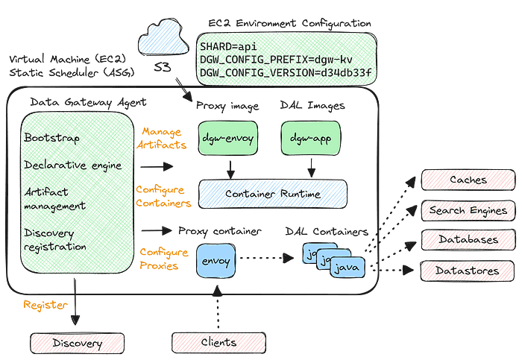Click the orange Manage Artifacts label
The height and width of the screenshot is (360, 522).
click(x=160, y=138)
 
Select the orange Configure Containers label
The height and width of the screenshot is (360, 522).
click(x=163, y=197)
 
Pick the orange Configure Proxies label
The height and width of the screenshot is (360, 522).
click(x=159, y=258)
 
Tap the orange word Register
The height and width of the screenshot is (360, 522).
click(x=45, y=305)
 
